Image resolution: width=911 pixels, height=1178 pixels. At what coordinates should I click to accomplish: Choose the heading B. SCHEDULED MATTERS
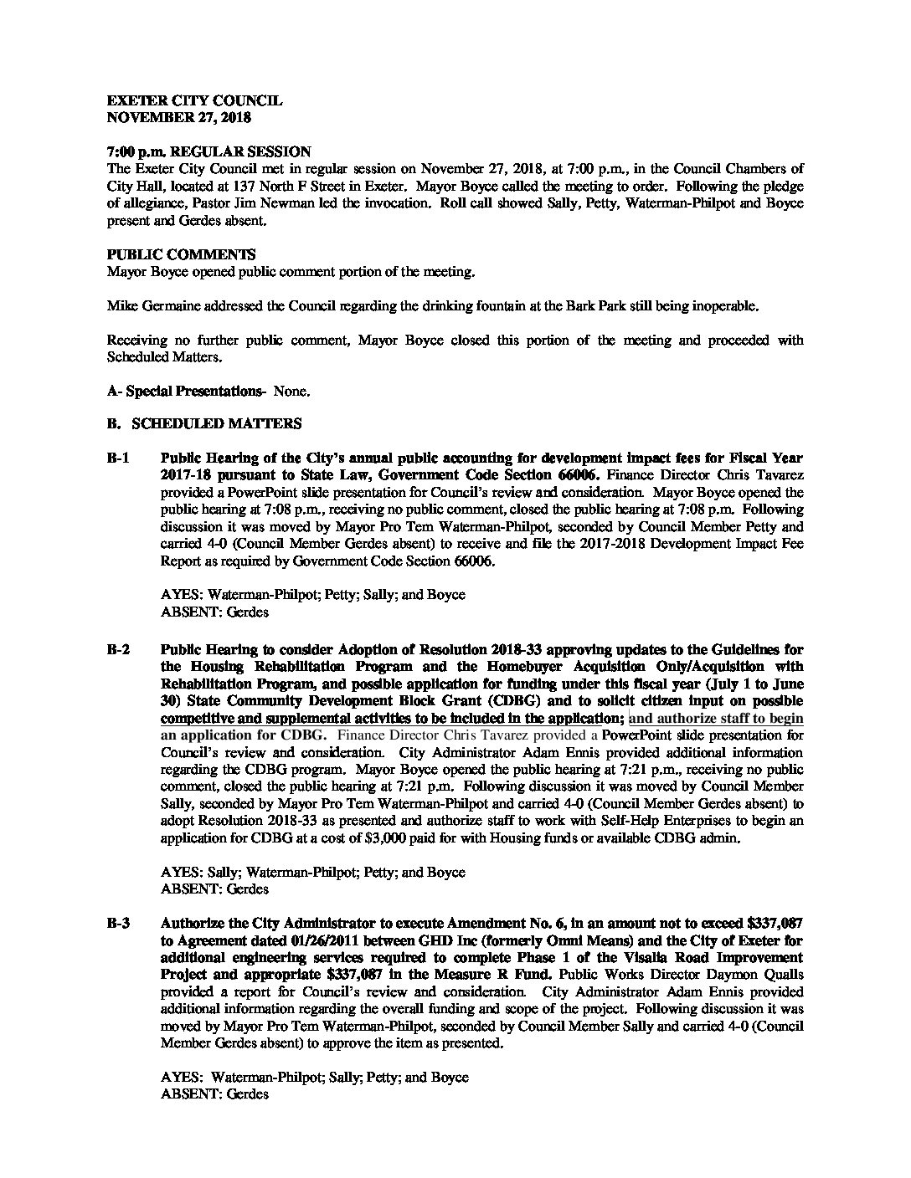coord(204,424)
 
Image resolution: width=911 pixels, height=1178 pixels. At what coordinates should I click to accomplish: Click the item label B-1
coord(118,458)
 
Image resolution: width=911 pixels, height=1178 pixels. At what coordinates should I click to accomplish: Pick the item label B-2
coord(118,649)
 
